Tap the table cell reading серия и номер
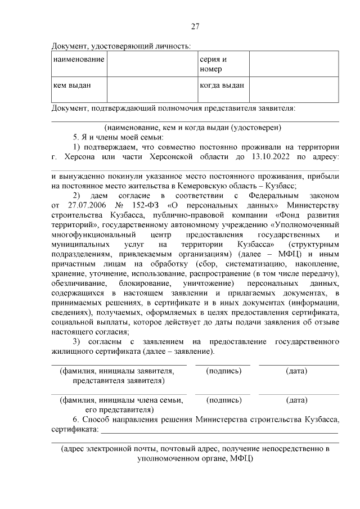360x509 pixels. click(223, 64)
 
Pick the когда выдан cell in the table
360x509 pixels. click(223, 85)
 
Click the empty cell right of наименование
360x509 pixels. click(151, 64)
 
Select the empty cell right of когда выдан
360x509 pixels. click(294, 89)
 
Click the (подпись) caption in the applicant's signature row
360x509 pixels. click(224, 371)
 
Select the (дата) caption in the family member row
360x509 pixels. click(296, 400)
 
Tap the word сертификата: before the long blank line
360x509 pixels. click(74, 430)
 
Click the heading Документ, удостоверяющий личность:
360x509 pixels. click(120, 46)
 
